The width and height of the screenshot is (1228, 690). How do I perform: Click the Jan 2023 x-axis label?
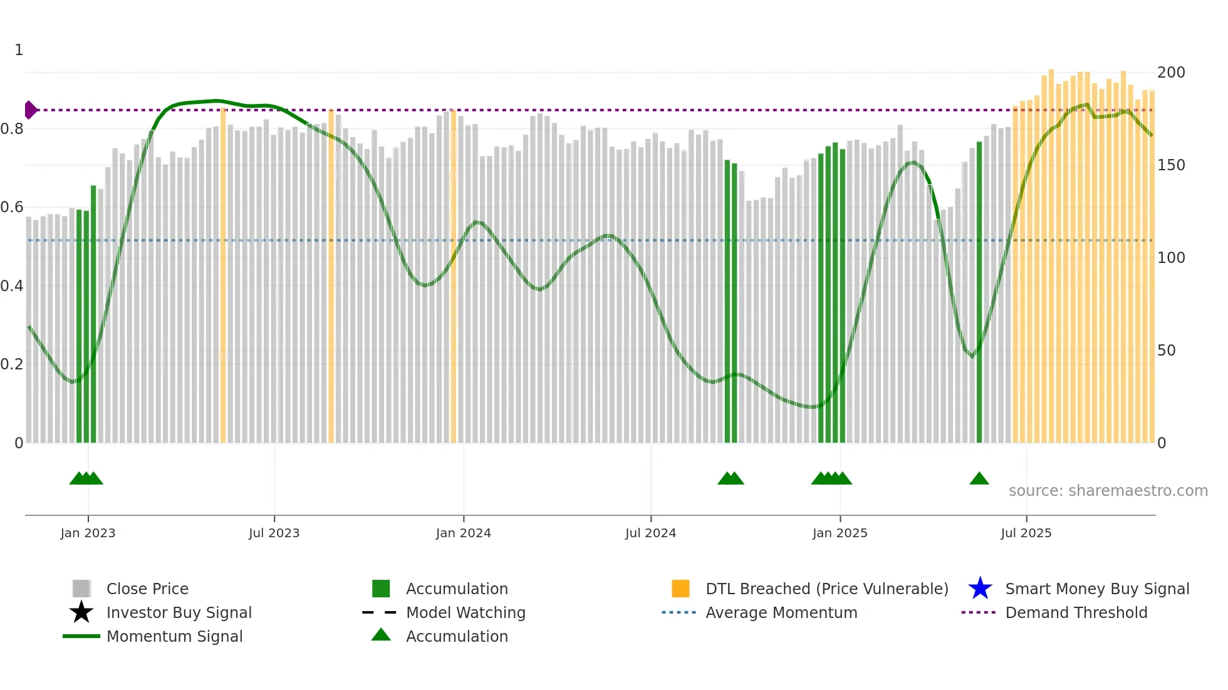point(88,533)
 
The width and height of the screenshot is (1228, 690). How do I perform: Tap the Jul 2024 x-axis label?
point(650,533)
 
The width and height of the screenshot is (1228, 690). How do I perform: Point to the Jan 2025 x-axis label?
point(840,533)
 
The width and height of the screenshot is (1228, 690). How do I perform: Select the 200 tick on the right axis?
point(1170,73)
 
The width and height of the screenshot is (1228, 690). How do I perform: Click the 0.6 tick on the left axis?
point(12,207)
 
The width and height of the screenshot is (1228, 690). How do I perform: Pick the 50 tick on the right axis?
point(1166,351)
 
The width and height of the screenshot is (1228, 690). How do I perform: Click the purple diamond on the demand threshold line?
point(30,110)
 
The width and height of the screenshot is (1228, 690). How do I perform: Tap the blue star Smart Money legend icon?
point(980,589)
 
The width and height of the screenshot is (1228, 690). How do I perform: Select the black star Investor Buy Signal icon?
point(81,612)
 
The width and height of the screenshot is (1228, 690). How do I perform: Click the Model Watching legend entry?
point(465,612)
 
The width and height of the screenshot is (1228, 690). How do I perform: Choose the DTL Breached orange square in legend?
point(680,589)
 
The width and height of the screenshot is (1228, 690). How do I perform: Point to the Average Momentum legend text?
point(781,612)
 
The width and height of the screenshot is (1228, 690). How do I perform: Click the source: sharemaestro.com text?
point(1108,491)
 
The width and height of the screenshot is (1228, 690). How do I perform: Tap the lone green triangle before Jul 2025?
point(979,479)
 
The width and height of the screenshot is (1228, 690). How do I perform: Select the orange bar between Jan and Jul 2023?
point(223,275)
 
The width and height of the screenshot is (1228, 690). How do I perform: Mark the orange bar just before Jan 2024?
point(453,275)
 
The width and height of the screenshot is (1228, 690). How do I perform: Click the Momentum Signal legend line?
point(81,636)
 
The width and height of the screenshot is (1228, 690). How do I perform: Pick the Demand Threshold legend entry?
point(1076,612)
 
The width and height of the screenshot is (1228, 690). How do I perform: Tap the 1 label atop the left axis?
point(19,50)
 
